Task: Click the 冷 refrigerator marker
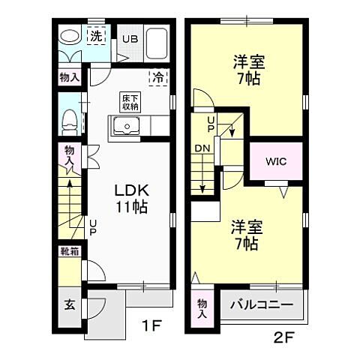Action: (x=158, y=76)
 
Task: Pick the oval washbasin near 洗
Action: (x=69, y=37)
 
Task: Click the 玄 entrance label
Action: (x=69, y=306)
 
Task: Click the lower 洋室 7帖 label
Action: (x=244, y=234)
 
